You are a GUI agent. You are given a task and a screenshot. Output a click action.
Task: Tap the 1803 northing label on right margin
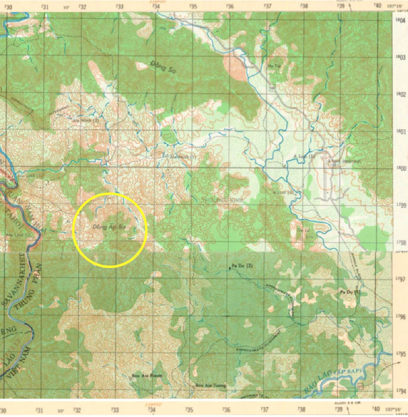pyautogui.click(x=401, y=57)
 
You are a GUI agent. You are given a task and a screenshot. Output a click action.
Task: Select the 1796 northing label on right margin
pyautogui.click(x=401, y=316)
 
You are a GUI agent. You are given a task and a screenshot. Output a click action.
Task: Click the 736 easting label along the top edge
pyautogui.click(x=230, y=6)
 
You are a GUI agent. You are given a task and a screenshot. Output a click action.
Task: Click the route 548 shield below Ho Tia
pyautogui.click(x=273, y=88)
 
